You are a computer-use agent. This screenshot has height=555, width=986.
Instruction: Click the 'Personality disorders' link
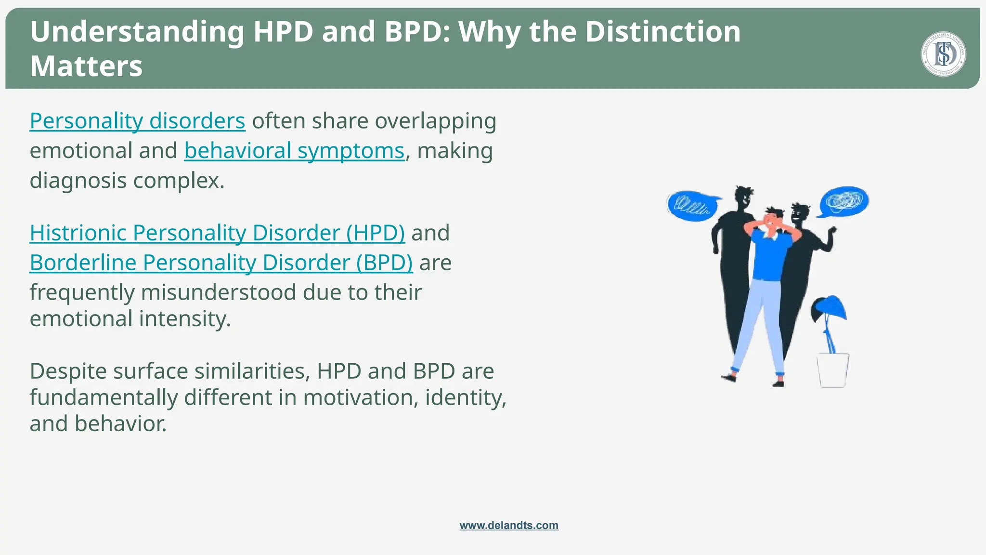click(137, 121)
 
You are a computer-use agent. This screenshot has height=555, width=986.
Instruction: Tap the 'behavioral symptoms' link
click(294, 151)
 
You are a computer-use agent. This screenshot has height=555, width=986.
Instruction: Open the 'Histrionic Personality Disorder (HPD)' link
click(217, 233)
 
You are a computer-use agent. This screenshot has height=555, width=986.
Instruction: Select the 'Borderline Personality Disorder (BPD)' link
click(221, 263)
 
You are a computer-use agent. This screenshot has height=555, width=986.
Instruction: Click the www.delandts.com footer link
click(509, 525)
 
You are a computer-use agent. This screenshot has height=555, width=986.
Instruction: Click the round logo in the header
click(943, 54)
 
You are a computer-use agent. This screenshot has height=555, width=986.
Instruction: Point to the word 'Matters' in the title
click(86, 66)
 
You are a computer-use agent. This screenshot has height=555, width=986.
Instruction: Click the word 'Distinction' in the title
click(662, 32)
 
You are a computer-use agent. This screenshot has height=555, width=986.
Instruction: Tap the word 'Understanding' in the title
click(137, 32)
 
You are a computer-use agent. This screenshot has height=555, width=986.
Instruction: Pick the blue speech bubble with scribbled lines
click(692, 206)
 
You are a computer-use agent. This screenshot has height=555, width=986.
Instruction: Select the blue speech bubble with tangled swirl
click(844, 201)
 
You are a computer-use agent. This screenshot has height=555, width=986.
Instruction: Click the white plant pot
click(832, 370)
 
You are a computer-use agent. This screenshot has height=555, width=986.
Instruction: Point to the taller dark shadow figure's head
click(743, 197)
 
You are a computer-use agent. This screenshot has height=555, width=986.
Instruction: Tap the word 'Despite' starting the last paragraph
click(68, 371)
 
